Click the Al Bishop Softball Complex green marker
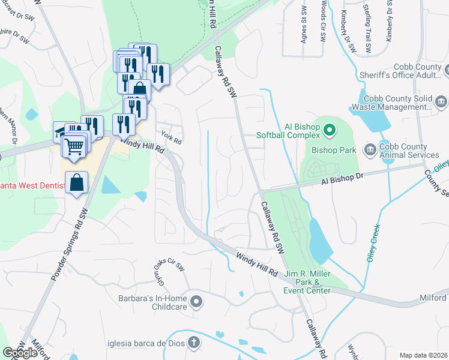pyautogui.click(x=329, y=129)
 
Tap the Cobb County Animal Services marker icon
pyautogui.click(x=370, y=148)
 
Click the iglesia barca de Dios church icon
pyautogui.click(x=193, y=343)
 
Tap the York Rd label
pyautogui.click(x=170, y=137)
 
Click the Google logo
pyautogui.click(x=20, y=353)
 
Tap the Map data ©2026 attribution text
pyautogui.click(x=423, y=355)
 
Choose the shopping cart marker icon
pyautogui.click(x=74, y=146)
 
